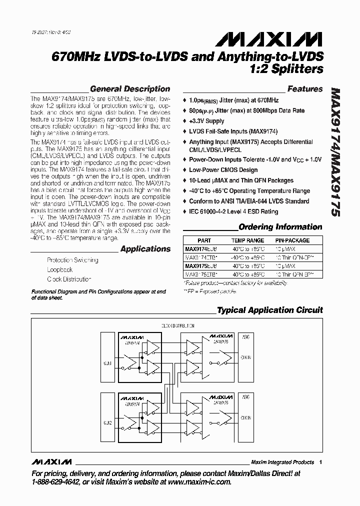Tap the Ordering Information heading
[x=280, y=227]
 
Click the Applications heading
[x=145, y=249]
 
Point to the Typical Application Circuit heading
[x=269, y=310]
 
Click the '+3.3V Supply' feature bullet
[x=206, y=121]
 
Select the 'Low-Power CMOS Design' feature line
[x=223, y=170]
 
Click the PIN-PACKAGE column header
[x=292, y=240]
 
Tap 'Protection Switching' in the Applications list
[x=72, y=260]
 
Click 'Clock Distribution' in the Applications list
[x=69, y=279]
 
